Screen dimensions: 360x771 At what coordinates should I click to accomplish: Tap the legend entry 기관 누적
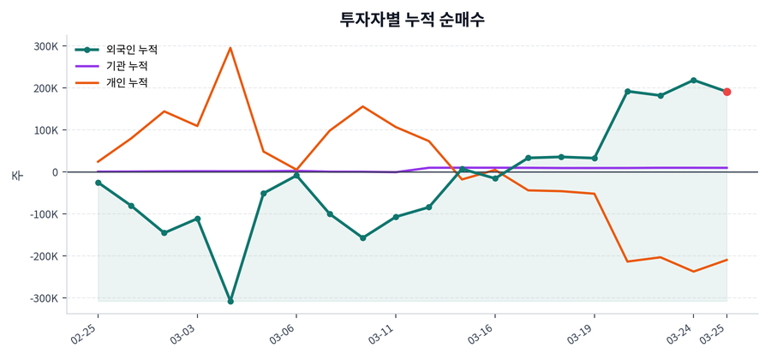point(126,66)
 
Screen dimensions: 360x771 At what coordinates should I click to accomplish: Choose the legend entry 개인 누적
point(126,82)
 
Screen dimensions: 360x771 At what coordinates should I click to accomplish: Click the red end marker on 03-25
point(726,92)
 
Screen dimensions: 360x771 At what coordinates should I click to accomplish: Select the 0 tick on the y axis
point(54,172)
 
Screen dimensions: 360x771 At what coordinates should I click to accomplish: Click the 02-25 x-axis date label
point(86,332)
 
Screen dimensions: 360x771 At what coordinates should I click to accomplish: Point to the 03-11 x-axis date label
point(383,332)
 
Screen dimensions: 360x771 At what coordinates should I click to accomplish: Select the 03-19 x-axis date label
point(582,332)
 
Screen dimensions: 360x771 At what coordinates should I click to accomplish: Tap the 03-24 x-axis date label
point(681,332)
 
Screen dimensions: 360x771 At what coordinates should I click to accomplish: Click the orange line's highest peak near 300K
point(230,48)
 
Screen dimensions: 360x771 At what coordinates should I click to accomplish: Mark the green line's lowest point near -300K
point(230,301)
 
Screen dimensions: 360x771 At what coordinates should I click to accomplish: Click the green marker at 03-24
point(693,80)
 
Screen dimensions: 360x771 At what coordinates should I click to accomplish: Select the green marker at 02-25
point(98,183)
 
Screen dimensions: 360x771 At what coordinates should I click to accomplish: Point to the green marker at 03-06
point(296,176)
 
